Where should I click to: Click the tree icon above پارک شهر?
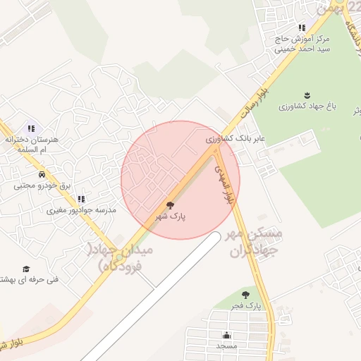coord(170,204)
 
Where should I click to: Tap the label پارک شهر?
coord(170,217)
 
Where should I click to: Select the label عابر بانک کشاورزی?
coord(235,139)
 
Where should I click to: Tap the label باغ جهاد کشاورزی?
coord(307,107)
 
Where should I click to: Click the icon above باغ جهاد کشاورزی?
coord(307,94)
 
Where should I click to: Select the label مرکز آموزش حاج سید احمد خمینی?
coord(302,44)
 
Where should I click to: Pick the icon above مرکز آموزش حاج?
coord(302,27)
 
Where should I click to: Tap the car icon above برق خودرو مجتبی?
coord(42,173)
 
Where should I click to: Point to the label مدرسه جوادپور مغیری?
coord(81,210)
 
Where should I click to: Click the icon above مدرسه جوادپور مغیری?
coord(81,199)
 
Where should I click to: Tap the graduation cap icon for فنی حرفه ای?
coord(26,269)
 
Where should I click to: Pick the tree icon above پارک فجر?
coord(245,295)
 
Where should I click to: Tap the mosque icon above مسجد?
coord(226,335)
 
